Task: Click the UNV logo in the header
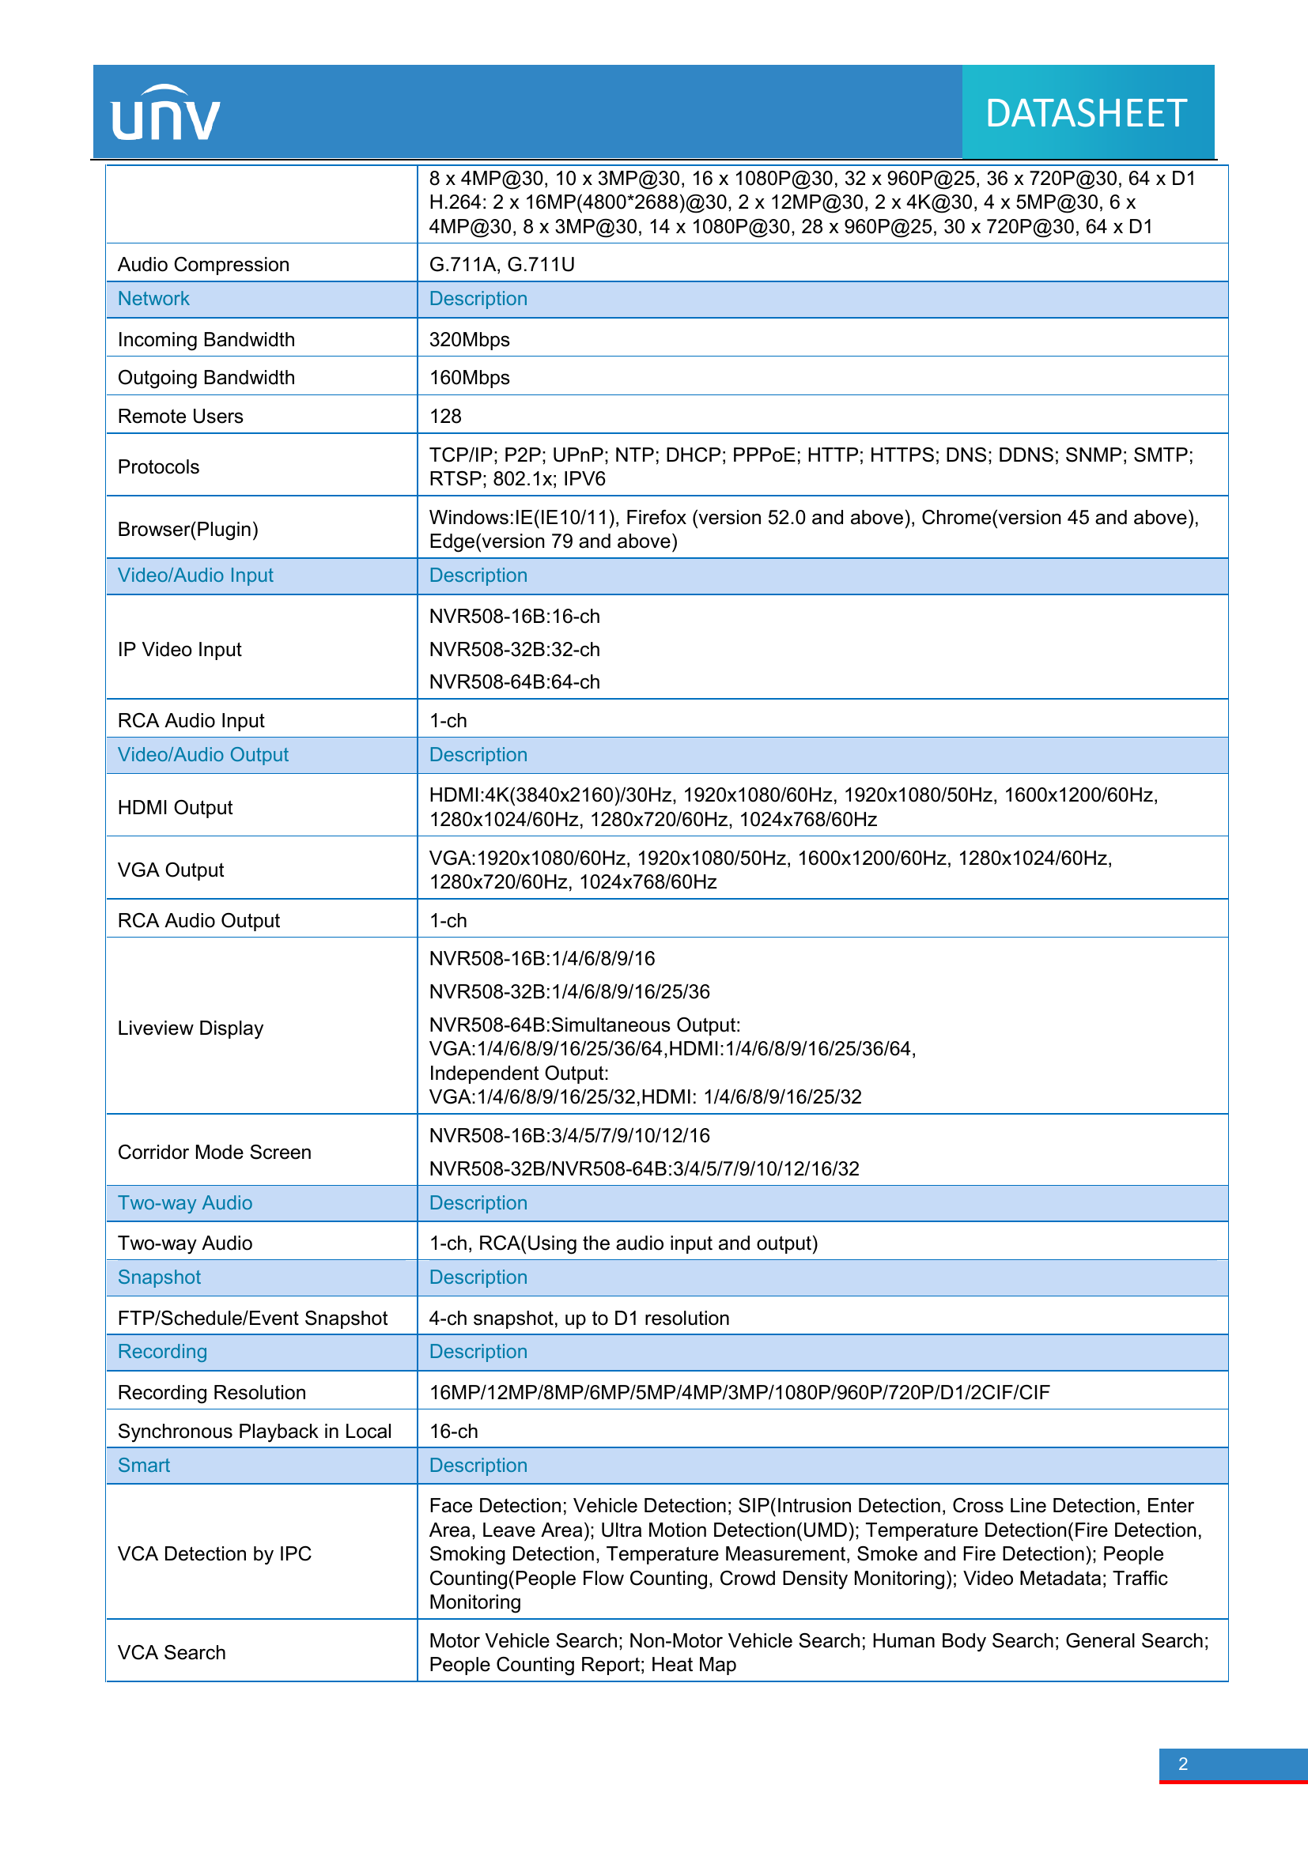[165, 114]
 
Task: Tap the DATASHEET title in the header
[1086, 114]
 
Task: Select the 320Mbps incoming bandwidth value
[469, 339]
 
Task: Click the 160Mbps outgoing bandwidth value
[469, 377]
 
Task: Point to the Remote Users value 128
[445, 416]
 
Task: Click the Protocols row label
[159, 466]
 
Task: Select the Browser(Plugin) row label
[187, 529]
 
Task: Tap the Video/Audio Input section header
[195, 575]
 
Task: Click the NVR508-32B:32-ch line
[514, 649]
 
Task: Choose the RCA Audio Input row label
[191, 720]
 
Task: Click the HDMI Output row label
[175, 807]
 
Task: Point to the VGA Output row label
[171, 870]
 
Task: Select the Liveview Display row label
[190, 1028]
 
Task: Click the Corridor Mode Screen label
[214, 1152]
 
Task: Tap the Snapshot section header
[160, 1277]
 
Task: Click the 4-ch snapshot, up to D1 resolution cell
[579, 1318]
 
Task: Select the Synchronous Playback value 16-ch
[453, 1431]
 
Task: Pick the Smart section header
[144, 1465]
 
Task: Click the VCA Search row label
[172, 1652]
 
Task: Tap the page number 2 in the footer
[1182, 1764]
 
